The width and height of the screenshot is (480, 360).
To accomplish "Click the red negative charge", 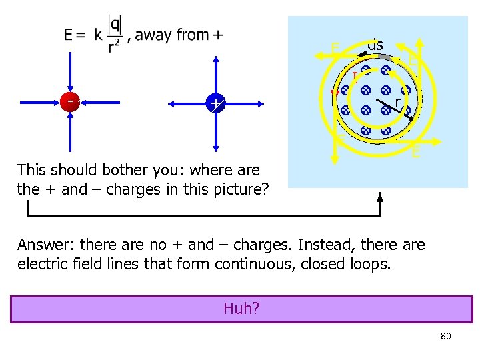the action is click(x=69, y=102).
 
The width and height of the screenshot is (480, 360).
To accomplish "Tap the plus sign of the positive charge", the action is click(x=215, y=104).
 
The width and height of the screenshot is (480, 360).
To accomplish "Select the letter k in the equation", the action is click(x=98, y=35).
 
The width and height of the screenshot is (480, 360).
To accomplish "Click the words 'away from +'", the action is click(x=179, y=35).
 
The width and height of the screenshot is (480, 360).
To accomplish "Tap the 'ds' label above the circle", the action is click(x=375, y=45).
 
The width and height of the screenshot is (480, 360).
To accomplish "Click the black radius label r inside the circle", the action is click(x=398, y=101).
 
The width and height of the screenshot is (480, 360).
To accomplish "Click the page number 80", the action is click(x=446, y=336).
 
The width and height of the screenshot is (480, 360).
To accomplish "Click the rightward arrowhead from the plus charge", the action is click(x=259, y=104).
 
